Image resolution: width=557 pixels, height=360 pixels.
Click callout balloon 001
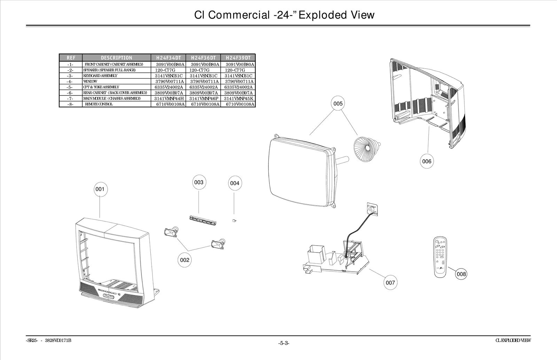(x=100, y=189)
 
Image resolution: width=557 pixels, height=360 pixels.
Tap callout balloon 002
(x=185, y=260)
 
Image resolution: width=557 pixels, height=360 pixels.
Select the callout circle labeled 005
(x=338, y=103)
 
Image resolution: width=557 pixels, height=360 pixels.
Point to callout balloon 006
(x=426, y=161)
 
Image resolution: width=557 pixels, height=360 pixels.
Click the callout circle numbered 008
(x=461, y=274)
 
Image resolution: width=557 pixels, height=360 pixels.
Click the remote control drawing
(x=441, y=257)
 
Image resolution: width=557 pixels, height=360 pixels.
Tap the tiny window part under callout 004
(x=234, y=221)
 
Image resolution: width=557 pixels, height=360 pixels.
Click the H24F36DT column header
(x=203, y=58)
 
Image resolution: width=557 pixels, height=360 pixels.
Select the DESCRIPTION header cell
(x=117, y=58)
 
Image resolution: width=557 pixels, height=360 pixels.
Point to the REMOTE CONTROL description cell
(x=99, y=104)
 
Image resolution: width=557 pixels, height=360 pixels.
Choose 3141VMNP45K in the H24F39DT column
(x=238, y=99)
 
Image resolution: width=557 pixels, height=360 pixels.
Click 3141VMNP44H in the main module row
(x=169, y=99)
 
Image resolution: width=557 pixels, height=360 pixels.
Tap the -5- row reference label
(x=70, y=87)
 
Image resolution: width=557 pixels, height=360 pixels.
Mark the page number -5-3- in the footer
(x=284, y=343)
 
